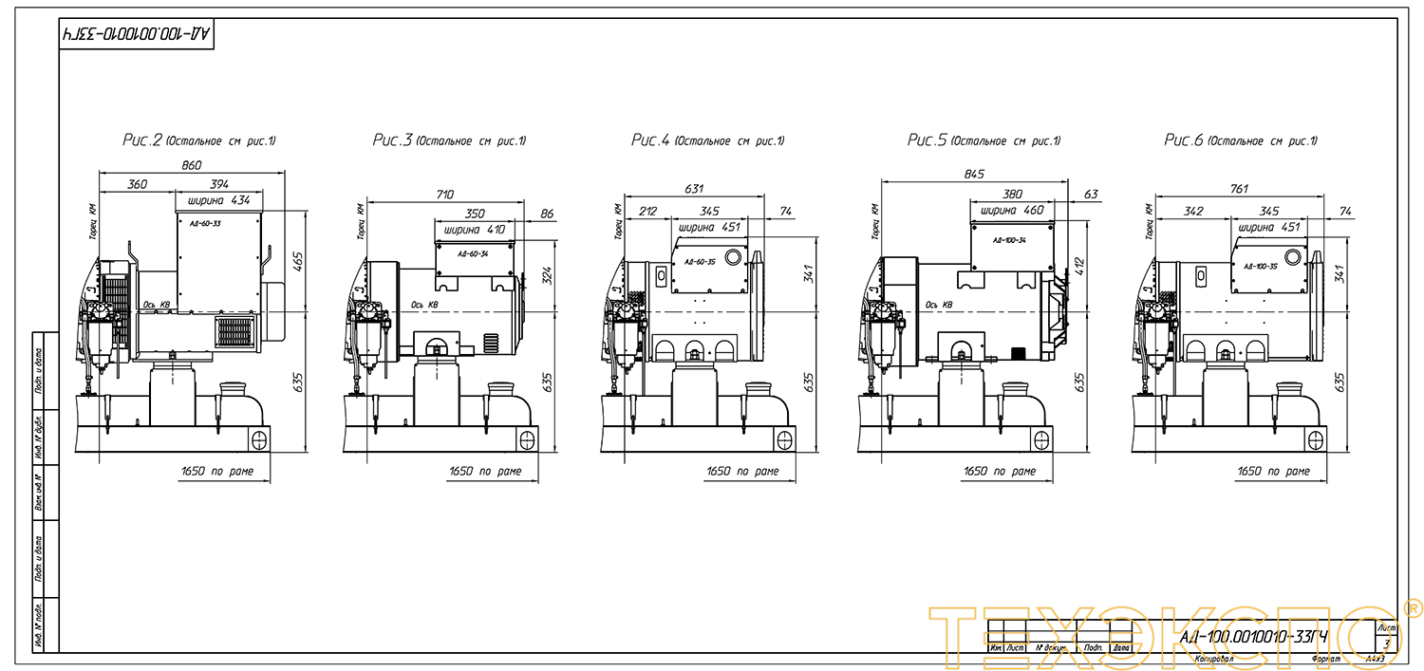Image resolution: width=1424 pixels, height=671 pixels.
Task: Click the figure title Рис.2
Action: point(142,140)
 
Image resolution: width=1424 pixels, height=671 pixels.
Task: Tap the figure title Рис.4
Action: point(651,140)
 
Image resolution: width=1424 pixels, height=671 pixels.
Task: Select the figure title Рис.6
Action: point(1184,140)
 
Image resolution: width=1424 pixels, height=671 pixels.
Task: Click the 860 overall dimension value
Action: point(192,165)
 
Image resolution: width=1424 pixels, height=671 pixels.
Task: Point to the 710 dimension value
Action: point(444,195)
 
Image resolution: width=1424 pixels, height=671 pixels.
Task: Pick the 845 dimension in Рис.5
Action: point(974,174)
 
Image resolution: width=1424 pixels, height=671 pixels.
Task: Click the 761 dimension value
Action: point(1239,189)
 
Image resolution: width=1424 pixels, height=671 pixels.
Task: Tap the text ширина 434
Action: point(219,200)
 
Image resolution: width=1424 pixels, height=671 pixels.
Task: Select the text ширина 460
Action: point(1012,211)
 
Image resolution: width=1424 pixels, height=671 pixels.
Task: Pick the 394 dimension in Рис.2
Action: point(219,184)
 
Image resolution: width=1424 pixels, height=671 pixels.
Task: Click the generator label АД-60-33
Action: point(205,223)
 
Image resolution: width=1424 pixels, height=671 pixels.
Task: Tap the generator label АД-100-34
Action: point(1009,241)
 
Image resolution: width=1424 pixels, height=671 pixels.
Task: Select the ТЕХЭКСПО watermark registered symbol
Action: point(1412,607)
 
